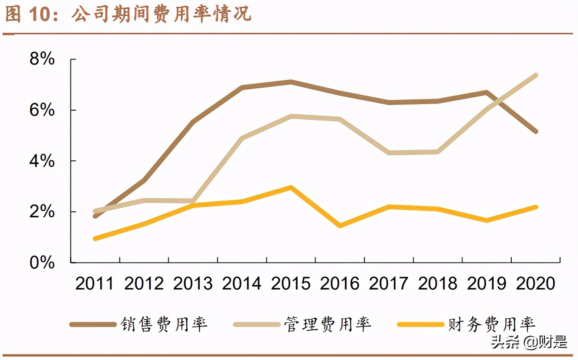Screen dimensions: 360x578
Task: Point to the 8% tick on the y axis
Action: (42, 60)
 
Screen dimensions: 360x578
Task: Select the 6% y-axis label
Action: (42, 110)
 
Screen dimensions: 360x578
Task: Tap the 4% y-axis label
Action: (42, 161)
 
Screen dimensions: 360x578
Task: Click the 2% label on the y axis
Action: (42, 212)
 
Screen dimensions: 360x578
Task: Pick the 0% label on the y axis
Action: (42, 263)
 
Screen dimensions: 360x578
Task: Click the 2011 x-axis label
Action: (94, 284)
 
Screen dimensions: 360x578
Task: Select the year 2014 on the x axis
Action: (242, 284)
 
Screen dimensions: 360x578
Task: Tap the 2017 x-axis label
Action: (388, 284)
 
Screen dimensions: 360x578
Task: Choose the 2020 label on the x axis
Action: (536, 284)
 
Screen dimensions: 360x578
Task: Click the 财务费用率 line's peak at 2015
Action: (291, 187)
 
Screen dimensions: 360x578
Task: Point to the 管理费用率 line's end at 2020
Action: (536, 76)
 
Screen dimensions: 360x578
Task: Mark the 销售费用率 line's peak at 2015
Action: (291, 81)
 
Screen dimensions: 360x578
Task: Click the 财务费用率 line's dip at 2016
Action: (340, 226)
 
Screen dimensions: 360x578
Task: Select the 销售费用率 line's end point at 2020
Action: (536, 131)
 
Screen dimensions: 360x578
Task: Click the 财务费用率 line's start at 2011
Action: (95, 238)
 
